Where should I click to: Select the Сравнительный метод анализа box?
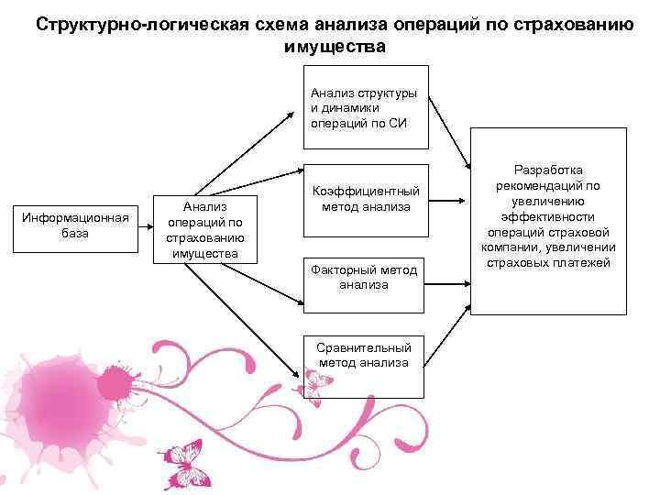tap(364, 355)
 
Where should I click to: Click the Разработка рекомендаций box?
tap(549, 220)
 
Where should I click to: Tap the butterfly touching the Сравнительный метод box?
tap(314, 385)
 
